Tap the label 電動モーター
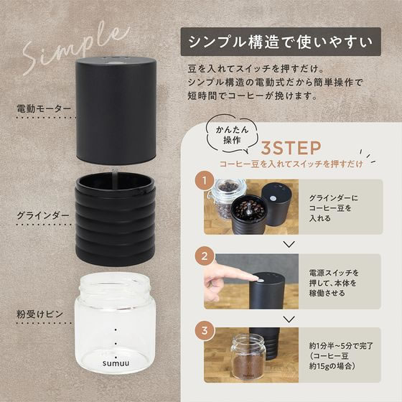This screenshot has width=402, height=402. point(44,110)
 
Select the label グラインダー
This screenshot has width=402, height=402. point(42,214)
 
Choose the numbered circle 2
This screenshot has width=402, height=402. point(205,255)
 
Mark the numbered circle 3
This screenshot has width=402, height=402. point(205,332)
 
